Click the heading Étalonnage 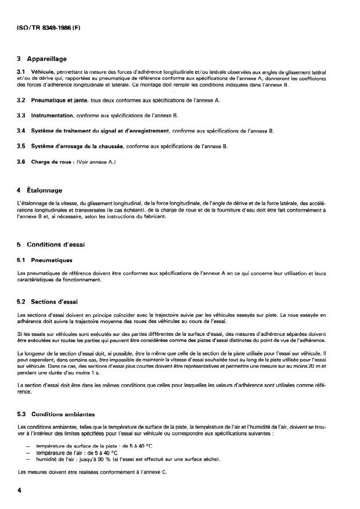[x=46, y=190]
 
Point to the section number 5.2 [x=21, y=302]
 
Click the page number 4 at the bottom [x=20, y=491]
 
